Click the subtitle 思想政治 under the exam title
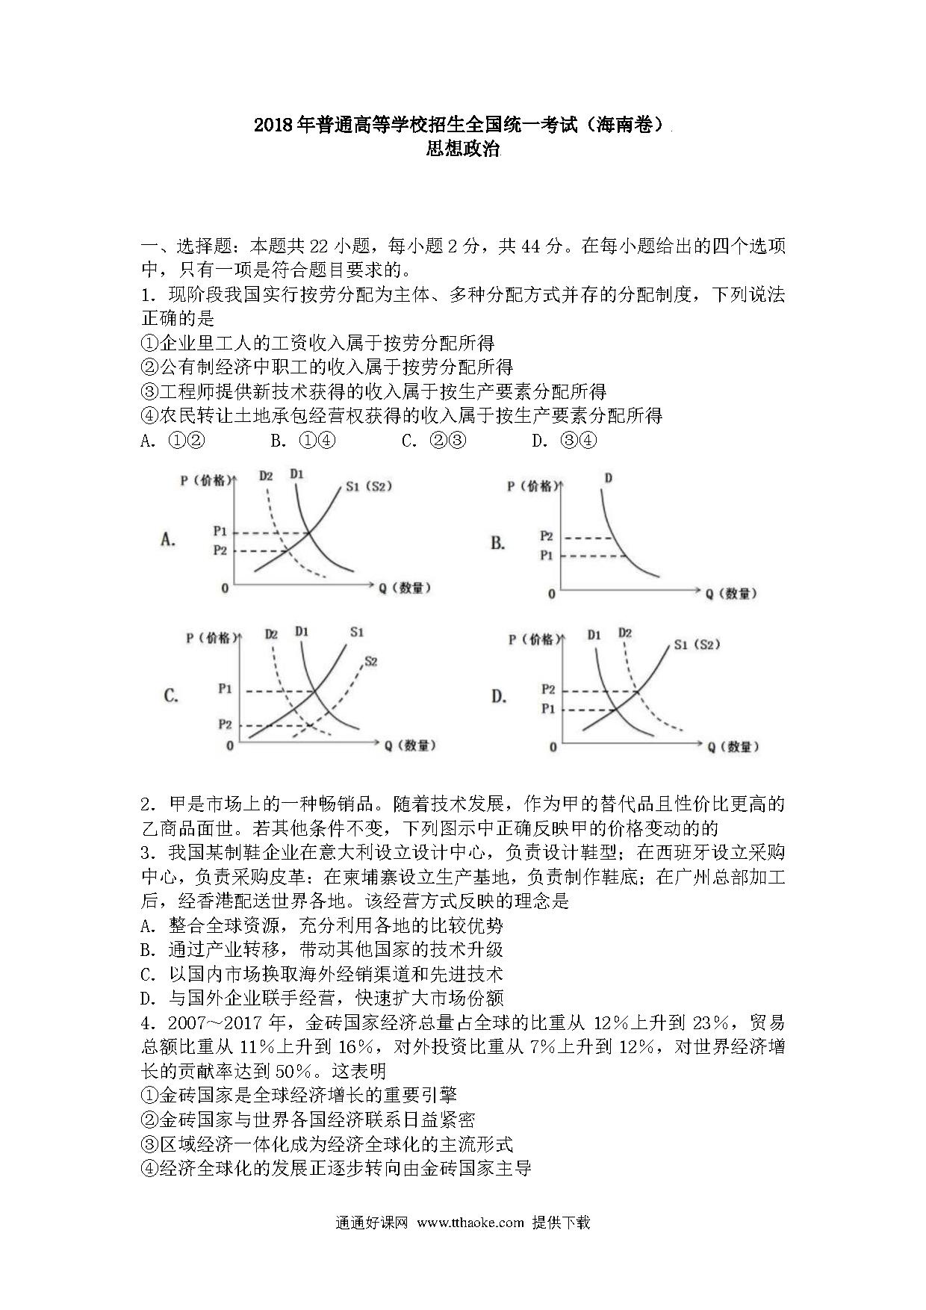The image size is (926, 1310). coord(462,149)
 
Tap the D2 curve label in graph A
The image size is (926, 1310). coord(266,476)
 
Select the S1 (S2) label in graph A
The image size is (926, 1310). coord(369,486)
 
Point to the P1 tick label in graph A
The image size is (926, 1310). coord(220,531)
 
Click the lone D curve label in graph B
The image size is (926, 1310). coord(608,477)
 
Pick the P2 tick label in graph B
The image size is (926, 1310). coord(547,536)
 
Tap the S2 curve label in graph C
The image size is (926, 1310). coord(370,661)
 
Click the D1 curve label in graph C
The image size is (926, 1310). coord(302,632)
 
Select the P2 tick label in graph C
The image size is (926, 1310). coord(224,724)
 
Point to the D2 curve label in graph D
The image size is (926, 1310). coord(625,633)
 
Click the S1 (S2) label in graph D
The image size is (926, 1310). coord(696,644)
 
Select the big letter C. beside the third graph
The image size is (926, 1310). coord(171,696)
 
